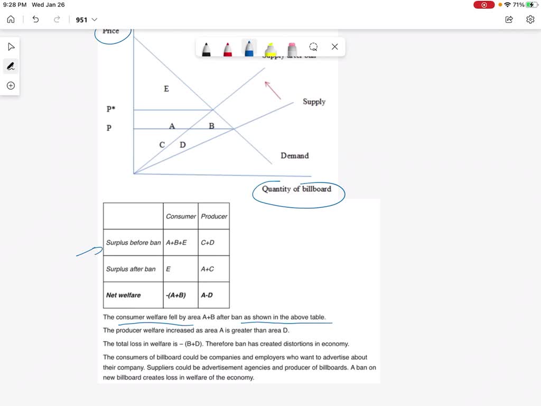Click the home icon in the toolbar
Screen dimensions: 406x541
coord(11,20)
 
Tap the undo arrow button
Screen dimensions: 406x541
coord(35,20)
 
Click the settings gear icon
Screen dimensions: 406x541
coord(530,20)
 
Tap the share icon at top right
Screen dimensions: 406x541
coord(509,20)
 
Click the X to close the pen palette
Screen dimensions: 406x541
coord(334,47)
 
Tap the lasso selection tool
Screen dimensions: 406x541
coord(313,47)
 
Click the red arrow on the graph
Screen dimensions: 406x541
coord(273,90)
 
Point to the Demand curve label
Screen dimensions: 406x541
coord(294,155)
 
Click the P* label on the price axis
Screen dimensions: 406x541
coord(110,109)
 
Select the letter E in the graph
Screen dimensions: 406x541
coord(166,89)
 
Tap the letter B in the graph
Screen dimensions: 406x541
coord(211,126)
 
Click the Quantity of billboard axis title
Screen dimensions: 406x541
coord(296,189)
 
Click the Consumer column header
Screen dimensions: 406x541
coord(181,216)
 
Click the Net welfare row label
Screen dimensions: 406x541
coord(124,295)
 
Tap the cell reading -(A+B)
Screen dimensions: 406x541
coord(176,295)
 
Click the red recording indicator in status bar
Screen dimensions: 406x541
coord(484,5)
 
